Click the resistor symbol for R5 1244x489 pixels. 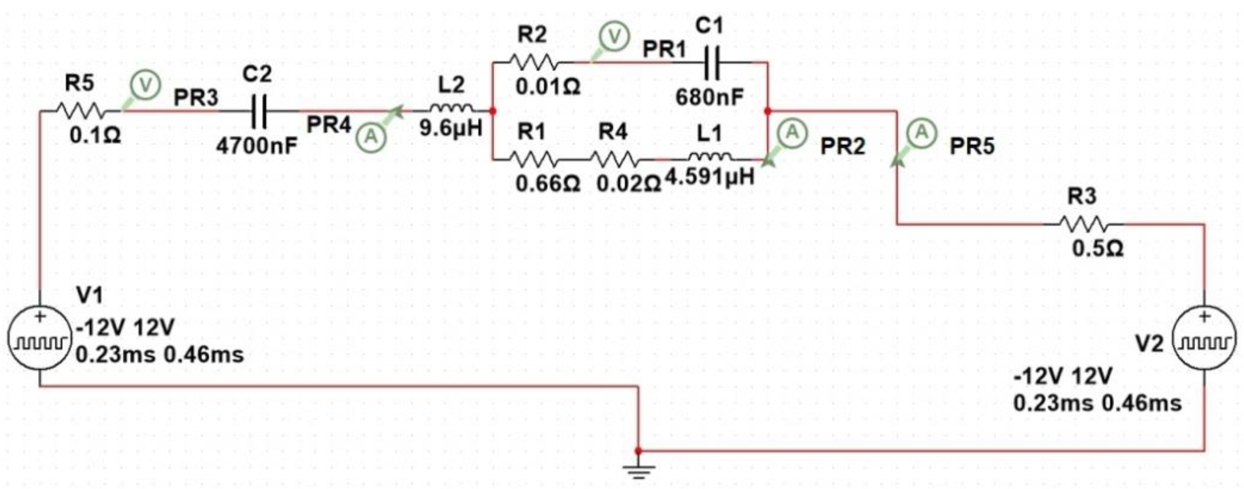coord(80,112)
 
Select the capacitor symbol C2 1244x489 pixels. coord(259,112)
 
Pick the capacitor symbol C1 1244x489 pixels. coord(712,62)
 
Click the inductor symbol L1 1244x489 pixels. coord(710,157)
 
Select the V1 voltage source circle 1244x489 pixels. coord(39,340)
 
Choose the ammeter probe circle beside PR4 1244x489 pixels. coord(371,137)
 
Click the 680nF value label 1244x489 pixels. coord(709,97)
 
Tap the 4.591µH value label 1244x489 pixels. coord(710,178)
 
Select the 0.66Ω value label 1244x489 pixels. coord(547,183)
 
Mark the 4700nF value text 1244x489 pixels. coord(256,145)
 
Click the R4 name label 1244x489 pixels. coord(613,131)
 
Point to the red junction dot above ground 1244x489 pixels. coord(638,451)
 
